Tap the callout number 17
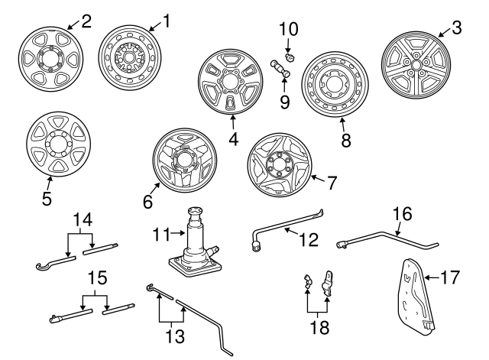[455, 277]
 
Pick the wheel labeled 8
[337, 86]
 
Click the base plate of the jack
[194, 264]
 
